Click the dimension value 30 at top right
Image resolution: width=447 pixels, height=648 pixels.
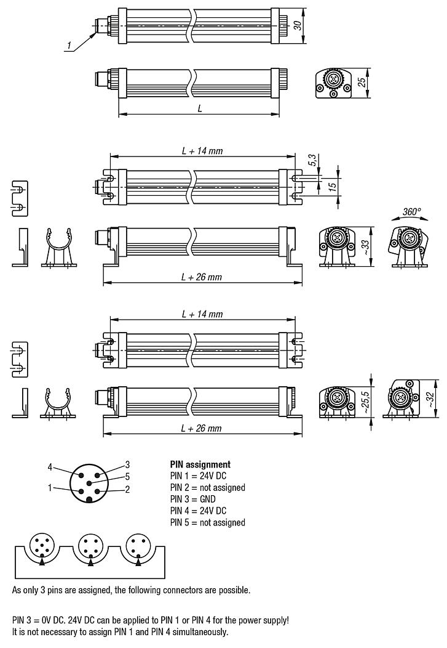(298, 26)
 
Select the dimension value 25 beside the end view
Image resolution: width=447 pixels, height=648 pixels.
(362, 82)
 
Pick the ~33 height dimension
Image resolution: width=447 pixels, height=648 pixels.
(366, 246)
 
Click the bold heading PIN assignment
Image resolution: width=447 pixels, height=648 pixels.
(200, 464)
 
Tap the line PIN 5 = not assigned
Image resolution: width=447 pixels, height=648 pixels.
(207, 522)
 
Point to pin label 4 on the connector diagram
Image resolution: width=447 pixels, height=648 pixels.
(50, 466)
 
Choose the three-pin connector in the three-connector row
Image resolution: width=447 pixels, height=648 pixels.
(138, 545)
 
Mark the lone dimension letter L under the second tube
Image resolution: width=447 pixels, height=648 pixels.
(200, 108)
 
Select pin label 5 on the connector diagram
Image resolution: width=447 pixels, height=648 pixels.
(127, 476)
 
